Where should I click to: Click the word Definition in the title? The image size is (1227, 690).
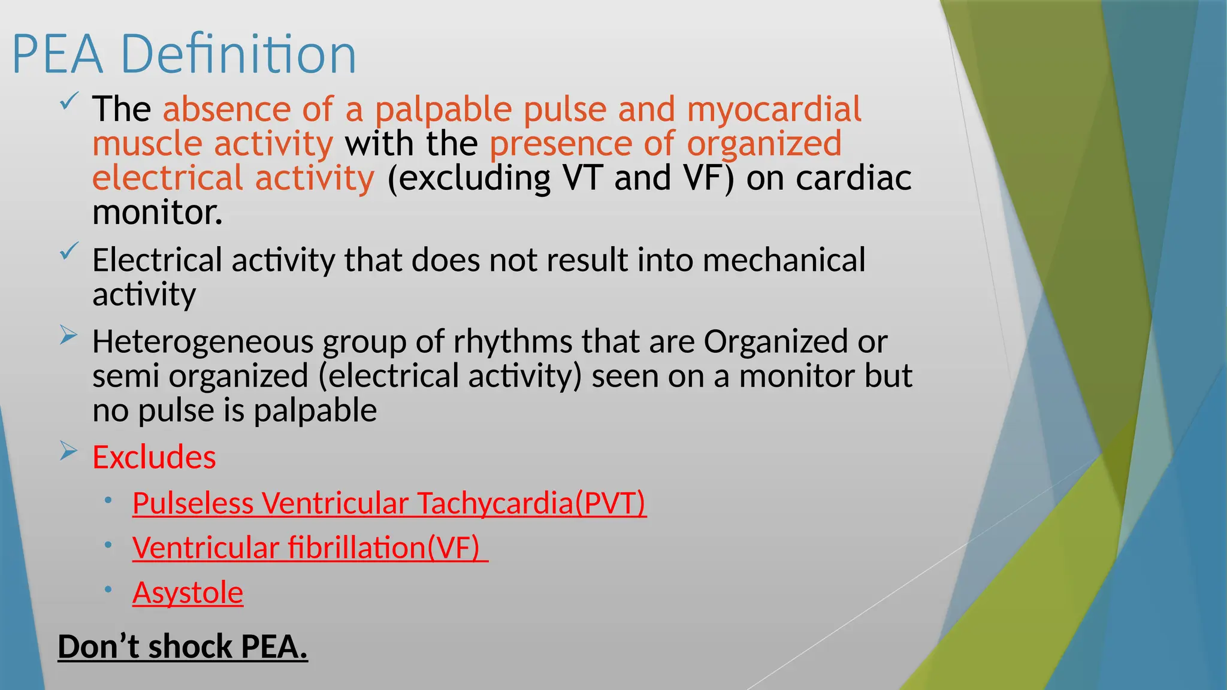pyautogui.click(x=238, y=55)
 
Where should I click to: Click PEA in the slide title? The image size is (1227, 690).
pyautogui.click(x=58, y=55)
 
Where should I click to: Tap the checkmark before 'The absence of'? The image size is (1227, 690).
pyautogui.click(x=69, y=101)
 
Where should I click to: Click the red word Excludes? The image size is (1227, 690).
pyautogui.click(x=154, y=458)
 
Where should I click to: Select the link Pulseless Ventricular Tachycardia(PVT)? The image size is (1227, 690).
pyautogui.click(x=389, y=503)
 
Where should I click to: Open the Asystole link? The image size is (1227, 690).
pyautogui.click(x=188, y=593)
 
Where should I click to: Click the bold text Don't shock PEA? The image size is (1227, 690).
pyautogui.click(x=183, y=647)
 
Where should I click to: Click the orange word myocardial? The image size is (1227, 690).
pyautogui.click(x=773, y=110)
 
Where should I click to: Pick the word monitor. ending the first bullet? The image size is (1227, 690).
pyautogui.click(x=158, y=213)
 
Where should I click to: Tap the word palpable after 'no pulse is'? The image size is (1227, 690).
pyautogui.click(x=315, y=411)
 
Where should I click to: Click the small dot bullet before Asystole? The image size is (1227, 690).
pyautogui.click(x=108, y=589)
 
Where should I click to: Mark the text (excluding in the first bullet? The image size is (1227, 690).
pyautogui.click(x=469, y=178)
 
